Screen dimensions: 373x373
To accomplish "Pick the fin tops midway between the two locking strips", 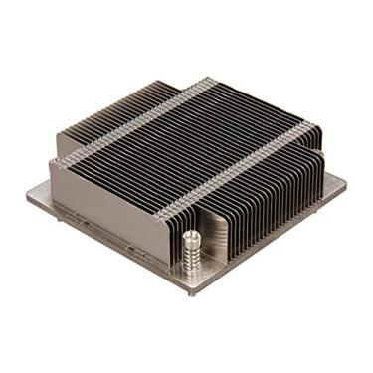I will coord(189,139).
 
